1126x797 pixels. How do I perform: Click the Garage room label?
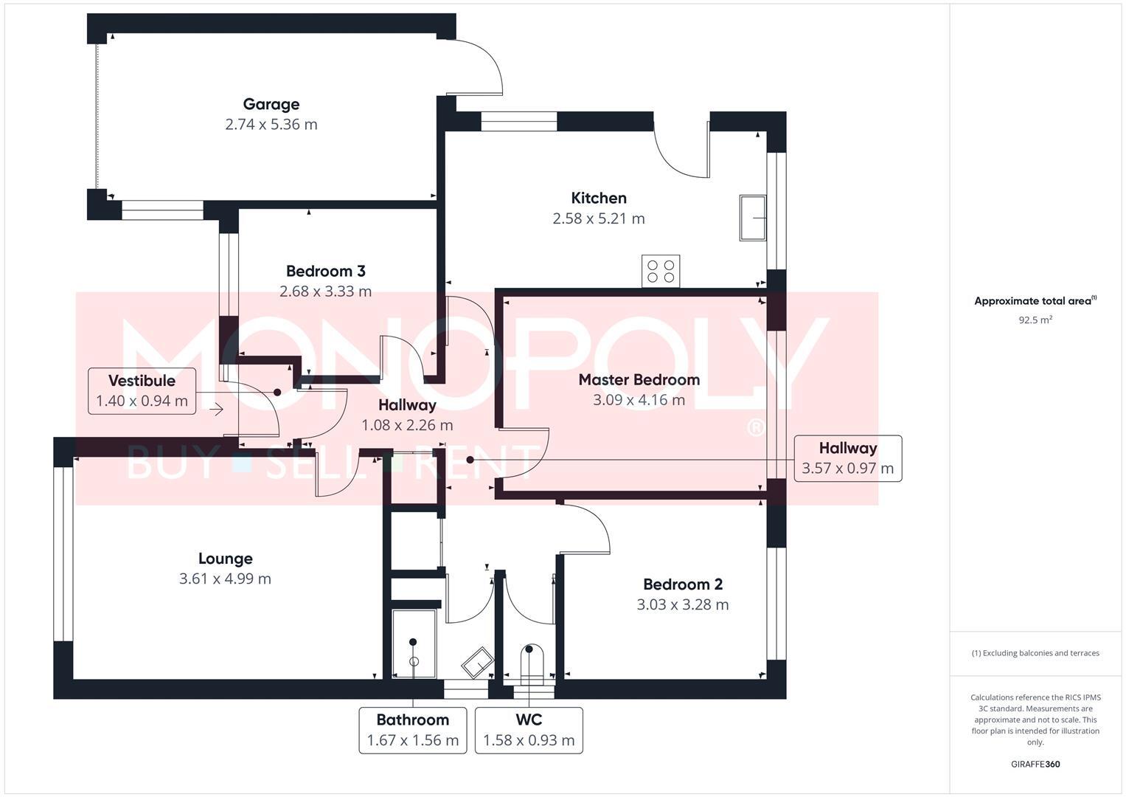[271, 105]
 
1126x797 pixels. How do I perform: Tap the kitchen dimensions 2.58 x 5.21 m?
[598, 218]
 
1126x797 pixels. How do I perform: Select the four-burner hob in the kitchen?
[660, 271]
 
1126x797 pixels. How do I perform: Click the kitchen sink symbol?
[752, 218]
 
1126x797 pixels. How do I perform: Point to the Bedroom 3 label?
[325, 271]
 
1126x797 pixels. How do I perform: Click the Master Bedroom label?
[639, 380]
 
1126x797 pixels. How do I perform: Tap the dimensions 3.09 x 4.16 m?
[639, 400]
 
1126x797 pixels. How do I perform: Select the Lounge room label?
[225, 559]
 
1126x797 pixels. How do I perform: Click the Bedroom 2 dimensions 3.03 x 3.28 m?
[682, 605]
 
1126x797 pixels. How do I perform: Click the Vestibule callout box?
[142, 391]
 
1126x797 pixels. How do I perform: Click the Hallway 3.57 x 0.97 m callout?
[847, 458]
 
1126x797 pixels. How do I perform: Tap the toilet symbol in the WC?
[529, 664]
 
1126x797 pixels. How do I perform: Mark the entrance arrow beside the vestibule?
[216, 409]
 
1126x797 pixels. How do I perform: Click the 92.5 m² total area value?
[1035, 320]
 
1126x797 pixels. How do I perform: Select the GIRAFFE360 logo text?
[1035, 764]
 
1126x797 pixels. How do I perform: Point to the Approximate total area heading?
[1035, 301]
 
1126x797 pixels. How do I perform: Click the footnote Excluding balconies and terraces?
[1035, 653]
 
